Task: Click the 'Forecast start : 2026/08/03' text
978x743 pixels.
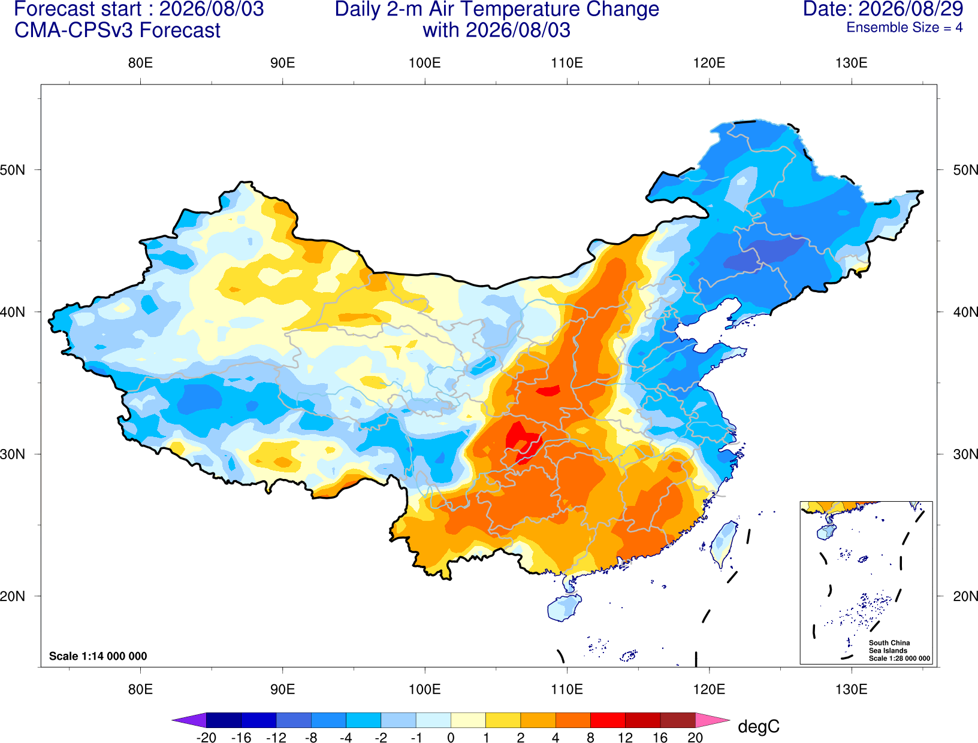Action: click(139, 9)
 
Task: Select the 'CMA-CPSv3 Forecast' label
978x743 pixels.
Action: click(117, 31)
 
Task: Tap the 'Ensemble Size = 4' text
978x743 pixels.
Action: click(904, 28)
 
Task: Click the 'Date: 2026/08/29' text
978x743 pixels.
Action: click(883, 9)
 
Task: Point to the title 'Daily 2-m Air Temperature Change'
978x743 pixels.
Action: click(497, 9)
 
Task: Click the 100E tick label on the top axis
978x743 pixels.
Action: click(425, 63)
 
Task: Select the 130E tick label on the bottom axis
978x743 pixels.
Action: click(851, 690)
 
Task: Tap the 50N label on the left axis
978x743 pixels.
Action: click(13, 169)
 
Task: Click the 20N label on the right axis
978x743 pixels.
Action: click(965, 596)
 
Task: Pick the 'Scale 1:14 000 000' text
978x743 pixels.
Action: click(98, 656)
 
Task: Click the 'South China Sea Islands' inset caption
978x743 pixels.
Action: click(889, 647)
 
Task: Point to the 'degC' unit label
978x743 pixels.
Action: click(758, 726)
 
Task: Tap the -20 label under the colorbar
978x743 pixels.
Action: click(206, 738)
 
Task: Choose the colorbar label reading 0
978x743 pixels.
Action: click(451, 738)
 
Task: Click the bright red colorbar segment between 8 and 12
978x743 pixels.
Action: click(608, 720)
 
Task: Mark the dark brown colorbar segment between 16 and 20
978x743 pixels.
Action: click(678, 720)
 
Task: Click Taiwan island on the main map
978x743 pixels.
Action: click(723, 544)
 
